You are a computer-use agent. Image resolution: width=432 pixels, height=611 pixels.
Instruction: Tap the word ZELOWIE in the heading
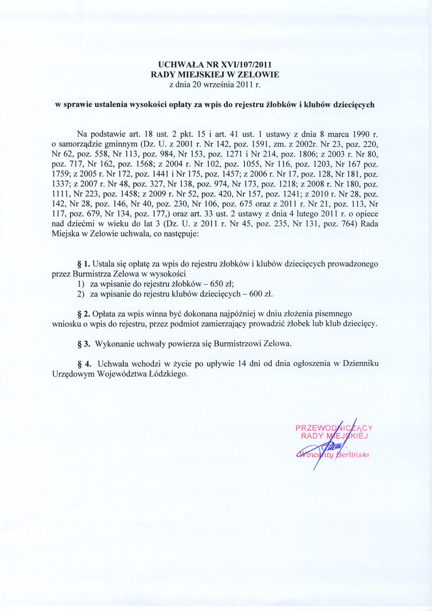(258, 75)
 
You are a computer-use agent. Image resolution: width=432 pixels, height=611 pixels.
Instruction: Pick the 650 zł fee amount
(227, 284)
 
